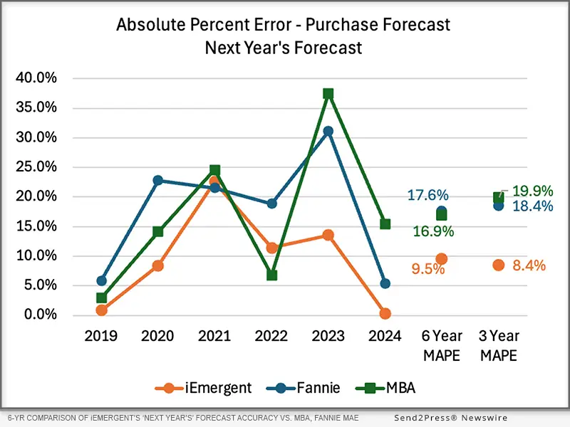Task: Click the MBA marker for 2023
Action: click(x=328, y=93)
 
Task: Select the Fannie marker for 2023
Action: click(x=328, y=131)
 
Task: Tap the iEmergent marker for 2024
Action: click(x=385, y=314)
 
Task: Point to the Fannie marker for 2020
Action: click(x=158, y=180)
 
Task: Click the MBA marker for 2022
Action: click(x=271, y=275)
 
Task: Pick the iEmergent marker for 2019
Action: click(x=102, y=310)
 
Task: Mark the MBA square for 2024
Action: click(x=385, y=223)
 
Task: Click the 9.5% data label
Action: click(x=408, y=270)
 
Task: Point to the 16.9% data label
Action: click(x=432, y=231)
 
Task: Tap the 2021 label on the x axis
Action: click(x=214, y=336)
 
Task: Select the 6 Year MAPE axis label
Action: click(x=442, y=345)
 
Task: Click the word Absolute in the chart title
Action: click(x=151, y=25)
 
